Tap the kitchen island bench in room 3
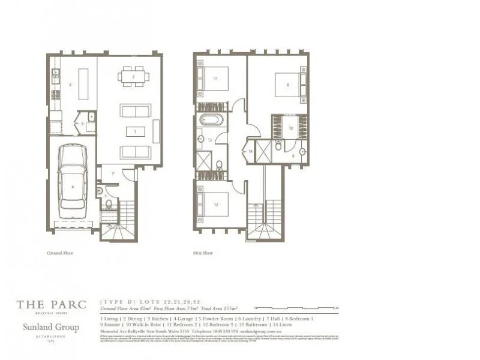[83, 83]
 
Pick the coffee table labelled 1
[134, 131]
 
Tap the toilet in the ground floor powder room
[109, 204]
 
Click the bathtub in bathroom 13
[211, 119]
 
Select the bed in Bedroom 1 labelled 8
[287, 85]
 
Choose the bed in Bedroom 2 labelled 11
[217, 79]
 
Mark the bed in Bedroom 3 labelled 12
[215, 203]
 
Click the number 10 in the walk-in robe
[290, 128]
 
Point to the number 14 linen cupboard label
[250, 152]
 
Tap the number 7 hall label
[113, 173]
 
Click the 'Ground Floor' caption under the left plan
[60, 253]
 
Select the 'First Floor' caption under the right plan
[203, 253]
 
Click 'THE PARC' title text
[51, 305]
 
